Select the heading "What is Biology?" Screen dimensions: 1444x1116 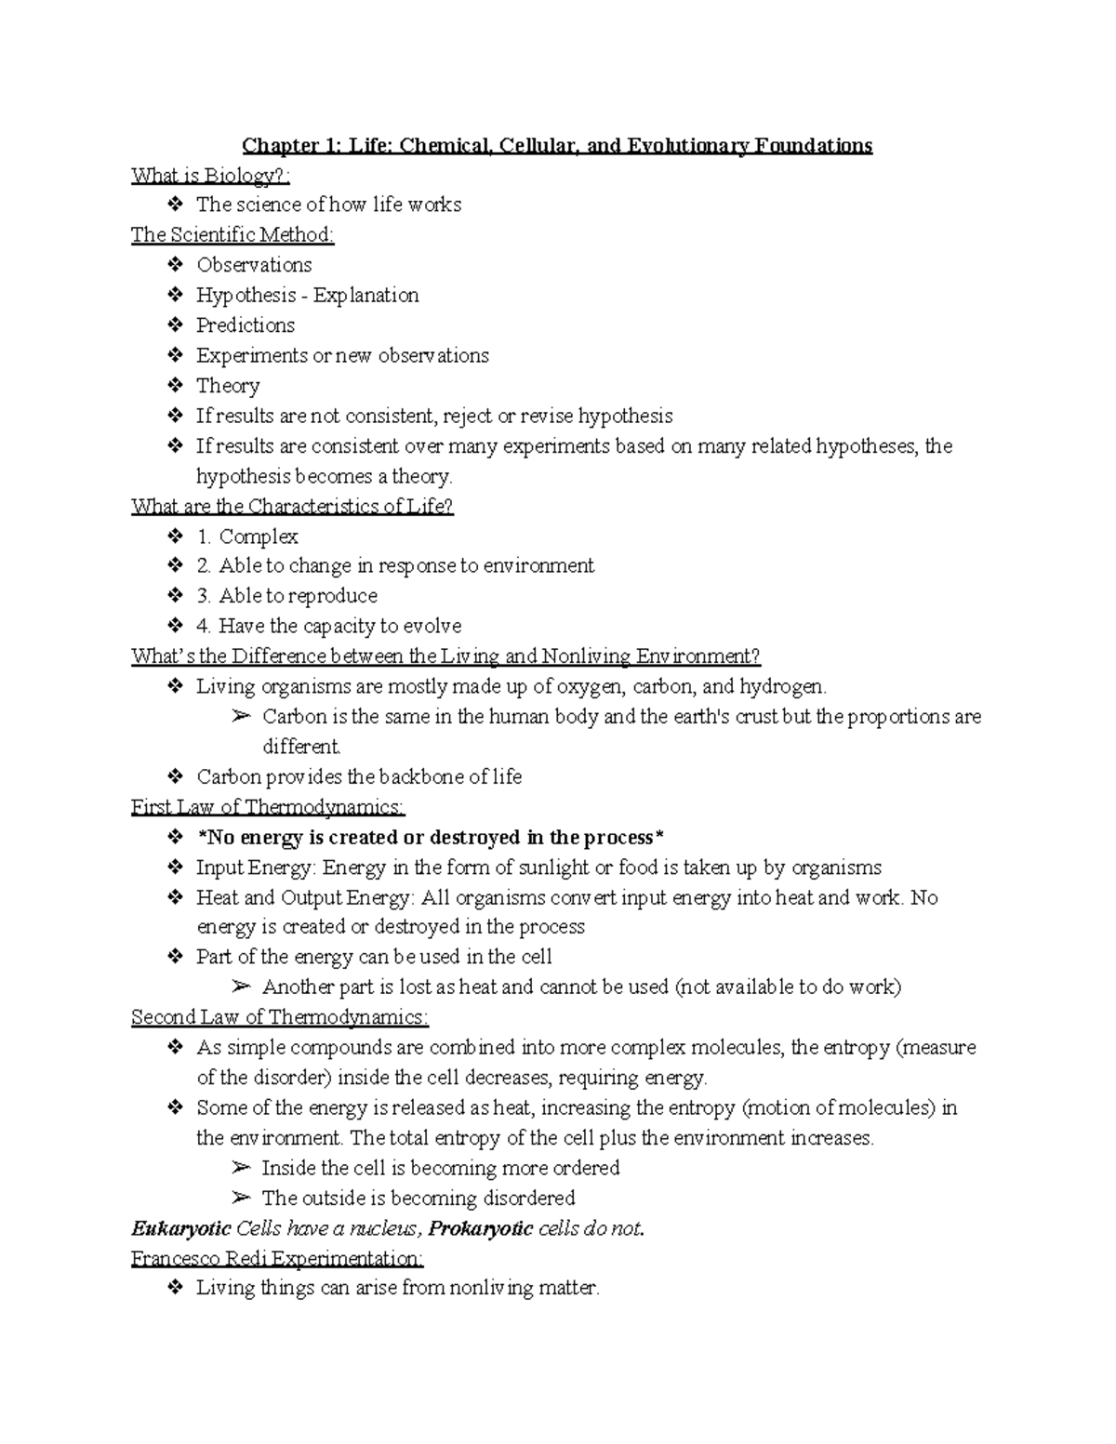pos(211,175)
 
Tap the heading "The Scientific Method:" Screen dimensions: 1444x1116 pos(232,235)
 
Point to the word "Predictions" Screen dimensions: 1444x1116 pos(246,325)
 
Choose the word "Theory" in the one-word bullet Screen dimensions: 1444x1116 pos(228,386)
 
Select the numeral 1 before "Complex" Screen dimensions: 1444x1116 pos(203,537)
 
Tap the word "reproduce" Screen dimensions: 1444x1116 pos(334,596)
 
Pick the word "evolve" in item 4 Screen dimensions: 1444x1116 pos(432,626)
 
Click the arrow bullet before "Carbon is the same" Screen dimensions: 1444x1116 pos(241,717)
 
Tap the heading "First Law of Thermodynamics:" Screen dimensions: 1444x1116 pos(268,807)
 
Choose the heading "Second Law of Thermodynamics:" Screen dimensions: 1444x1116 pos(280,1017)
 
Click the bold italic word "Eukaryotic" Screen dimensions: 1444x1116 pos(180,1228)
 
